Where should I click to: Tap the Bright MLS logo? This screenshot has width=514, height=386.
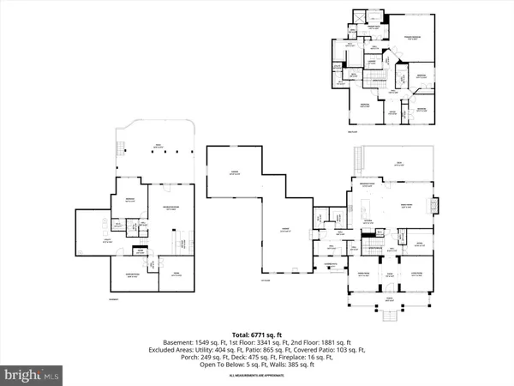[32, 374]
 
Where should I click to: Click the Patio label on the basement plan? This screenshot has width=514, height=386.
[157, 147]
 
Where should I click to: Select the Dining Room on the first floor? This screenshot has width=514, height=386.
[363, 275]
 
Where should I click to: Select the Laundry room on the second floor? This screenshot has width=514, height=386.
[374, 63]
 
